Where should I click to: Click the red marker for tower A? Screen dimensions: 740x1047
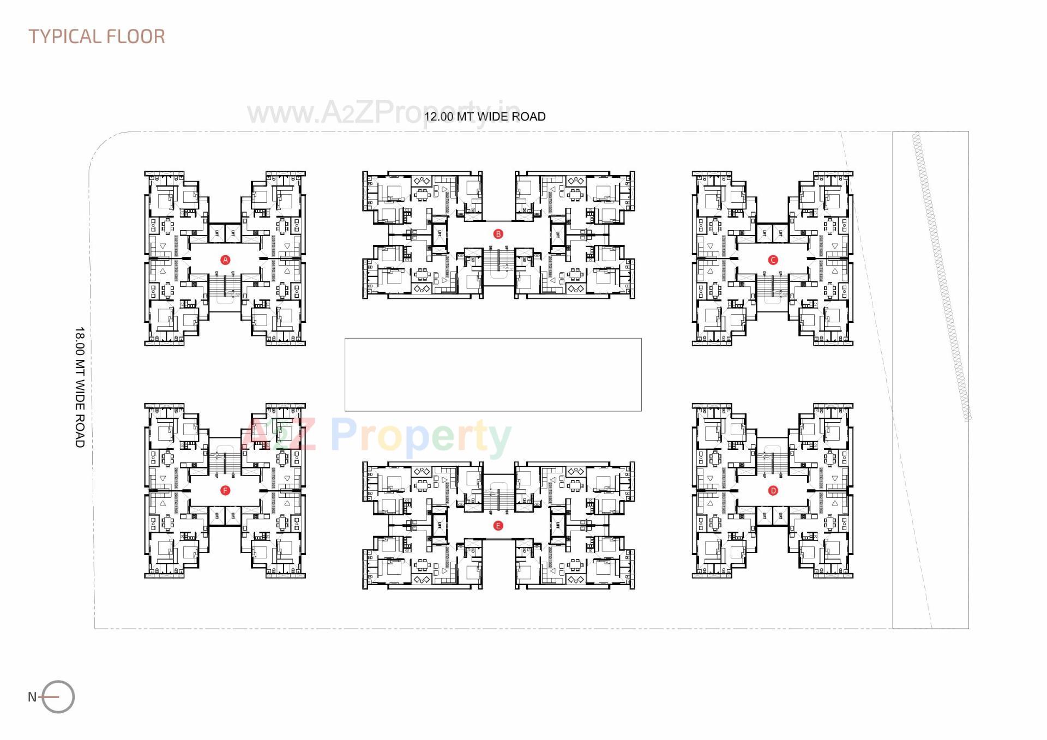coord(225,260)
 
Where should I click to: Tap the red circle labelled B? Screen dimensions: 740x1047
coord(498,234)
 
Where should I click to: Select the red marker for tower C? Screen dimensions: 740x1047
coord(773,260)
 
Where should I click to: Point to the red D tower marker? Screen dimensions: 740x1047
coord(773,491)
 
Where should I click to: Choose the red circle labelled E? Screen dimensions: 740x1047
coord(497,526)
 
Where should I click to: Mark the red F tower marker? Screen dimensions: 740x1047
coord(225,491)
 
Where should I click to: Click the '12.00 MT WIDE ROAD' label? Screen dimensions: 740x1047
coord(485,117)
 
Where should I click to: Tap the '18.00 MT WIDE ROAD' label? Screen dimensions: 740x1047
coord(80,388)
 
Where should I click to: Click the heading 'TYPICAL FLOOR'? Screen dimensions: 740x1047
coord(97,37)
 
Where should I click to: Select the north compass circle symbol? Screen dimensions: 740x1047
coord(58,696)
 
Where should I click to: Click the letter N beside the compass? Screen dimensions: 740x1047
coord(32,696)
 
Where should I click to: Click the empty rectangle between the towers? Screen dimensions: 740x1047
coord(493,374)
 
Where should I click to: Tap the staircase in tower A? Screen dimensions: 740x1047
coord(225,286)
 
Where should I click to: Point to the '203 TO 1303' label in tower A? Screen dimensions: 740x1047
coord(273,246)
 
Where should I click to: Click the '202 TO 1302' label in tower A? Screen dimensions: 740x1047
coord(176,246)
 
